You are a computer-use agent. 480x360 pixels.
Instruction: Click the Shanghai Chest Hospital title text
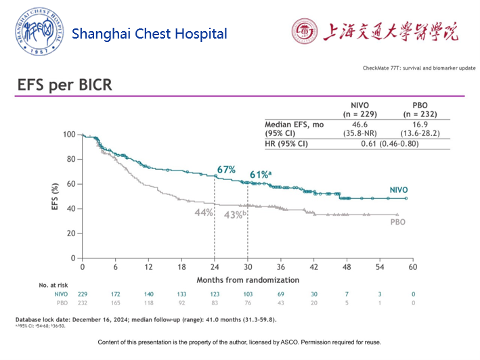(149, 34)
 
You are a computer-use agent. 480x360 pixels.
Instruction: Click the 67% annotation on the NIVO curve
(226, 169)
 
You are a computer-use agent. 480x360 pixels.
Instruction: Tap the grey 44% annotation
(204, 212)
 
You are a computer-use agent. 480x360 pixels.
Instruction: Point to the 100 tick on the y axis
(68, 135)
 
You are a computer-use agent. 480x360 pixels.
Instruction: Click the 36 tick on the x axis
(280, 268)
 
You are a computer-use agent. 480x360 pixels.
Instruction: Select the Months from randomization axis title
(247, 279)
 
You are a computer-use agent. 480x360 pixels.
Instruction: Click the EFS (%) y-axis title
(55, 196)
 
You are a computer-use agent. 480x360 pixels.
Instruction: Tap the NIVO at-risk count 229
(83, 294)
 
